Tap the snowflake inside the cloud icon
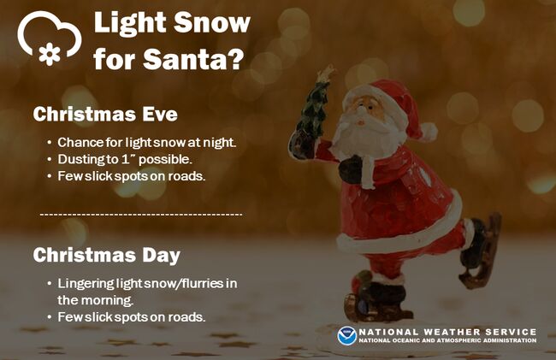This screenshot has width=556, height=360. click(50, 54)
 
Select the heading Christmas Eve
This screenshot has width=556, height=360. click(105, 114)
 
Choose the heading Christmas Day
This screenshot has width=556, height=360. click(107, 255)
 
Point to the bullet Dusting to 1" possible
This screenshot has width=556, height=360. click(125, 159)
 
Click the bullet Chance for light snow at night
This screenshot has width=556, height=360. click(147, 143)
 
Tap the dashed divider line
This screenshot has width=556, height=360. click(141, 215)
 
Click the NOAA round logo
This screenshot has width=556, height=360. click(346, 336)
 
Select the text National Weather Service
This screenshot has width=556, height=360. click(447, 332)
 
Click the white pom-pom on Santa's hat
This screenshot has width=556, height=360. click(429, 132)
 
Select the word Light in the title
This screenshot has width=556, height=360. click(130, 22)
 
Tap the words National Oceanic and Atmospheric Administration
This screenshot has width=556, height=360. click(447, 341)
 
